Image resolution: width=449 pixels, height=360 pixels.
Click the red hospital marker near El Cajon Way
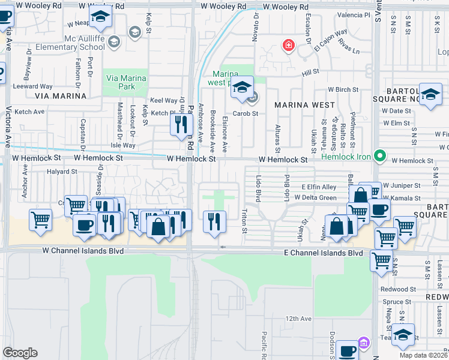point(289,46)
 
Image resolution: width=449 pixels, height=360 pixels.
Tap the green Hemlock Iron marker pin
point(379,156)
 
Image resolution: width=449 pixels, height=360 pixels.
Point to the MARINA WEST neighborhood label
point(304,104)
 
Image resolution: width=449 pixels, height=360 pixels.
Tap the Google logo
point(20,353)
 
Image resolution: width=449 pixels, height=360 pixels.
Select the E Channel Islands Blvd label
point(324,254)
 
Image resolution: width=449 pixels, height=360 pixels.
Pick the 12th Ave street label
point(298,319)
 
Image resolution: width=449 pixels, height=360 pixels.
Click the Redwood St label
point(394,289)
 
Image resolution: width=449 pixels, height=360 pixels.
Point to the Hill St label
point(310,71)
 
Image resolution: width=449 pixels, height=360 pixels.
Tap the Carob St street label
point(246,113)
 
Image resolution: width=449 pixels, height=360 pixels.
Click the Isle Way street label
point(123,145)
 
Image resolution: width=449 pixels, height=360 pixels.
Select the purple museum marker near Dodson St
point(363,343)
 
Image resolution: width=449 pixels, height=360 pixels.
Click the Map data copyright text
point(423,355)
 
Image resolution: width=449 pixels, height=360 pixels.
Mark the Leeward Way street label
point(34,86)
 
